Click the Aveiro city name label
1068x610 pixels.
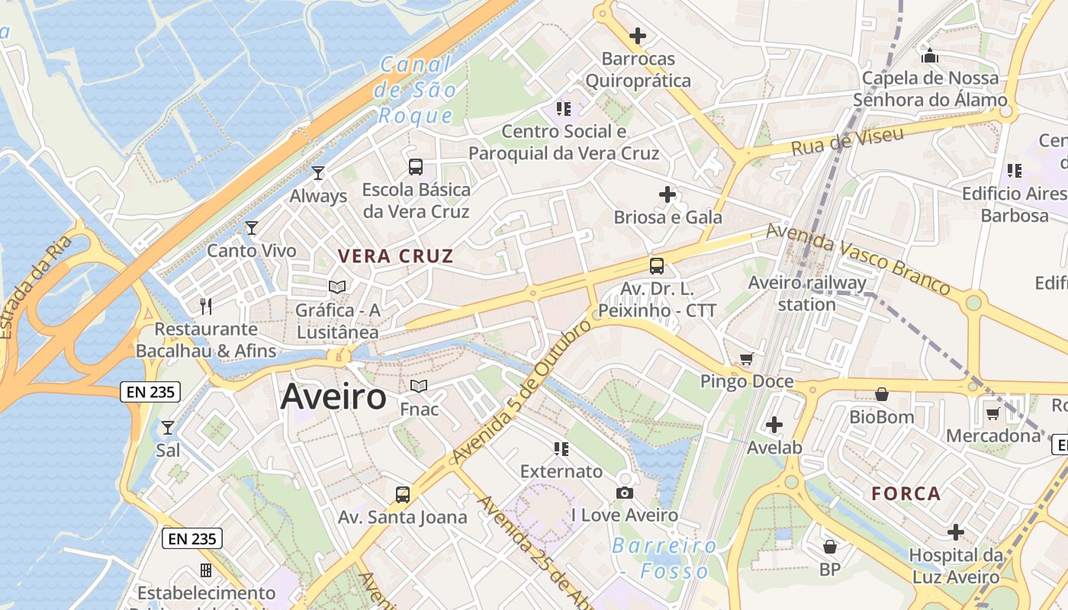point(333,398)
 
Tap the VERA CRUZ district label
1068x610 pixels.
point(396,256)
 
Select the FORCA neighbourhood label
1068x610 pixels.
point(906,493)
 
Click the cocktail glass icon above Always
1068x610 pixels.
point(318,173)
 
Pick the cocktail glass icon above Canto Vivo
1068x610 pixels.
point(251,227)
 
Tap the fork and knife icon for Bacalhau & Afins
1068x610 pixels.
point(205,306)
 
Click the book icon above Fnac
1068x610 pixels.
point(419,386)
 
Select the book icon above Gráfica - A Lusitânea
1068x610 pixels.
point(337,287)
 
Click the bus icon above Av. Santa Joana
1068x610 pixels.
point(403,494)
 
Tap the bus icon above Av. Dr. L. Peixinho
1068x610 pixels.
point(657,266)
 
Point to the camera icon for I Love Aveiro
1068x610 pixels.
point(625,493)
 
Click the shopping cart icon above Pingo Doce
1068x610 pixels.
point(746,358)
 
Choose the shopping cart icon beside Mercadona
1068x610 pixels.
point(992,413)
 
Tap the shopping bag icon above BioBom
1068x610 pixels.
point(882,394)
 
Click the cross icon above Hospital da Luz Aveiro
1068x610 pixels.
point(956,531)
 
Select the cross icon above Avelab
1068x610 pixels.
point(774,425)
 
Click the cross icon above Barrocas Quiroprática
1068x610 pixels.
point(637,35)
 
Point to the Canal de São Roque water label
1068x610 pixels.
point(415,90)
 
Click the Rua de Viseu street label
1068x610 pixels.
point(847,141)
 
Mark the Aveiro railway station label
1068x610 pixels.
point(807,294)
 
